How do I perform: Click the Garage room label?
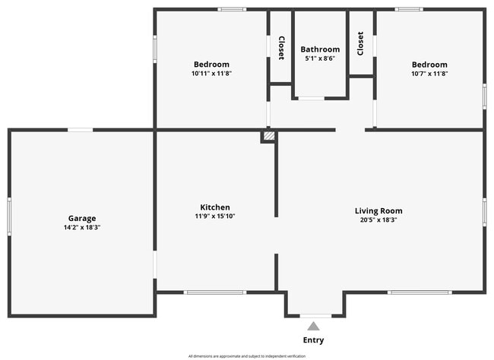coord(82,218)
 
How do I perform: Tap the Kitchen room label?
coord(215,207)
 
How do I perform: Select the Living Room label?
coord(378,210)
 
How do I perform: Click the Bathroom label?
coord(320,49)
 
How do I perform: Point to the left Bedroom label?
coord(211,65)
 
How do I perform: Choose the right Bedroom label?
coord(429,65)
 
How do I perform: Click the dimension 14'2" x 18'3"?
coord(82,227)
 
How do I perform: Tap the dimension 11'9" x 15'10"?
coord(215,216)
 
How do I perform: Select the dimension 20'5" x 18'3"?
coord(378,219)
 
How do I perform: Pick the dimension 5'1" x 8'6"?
coord(320,58)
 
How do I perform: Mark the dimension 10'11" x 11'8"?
coord(211,74)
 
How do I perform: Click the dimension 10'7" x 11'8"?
coord(429,74)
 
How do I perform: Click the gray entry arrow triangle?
coord(313,326)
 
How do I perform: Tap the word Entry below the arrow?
coord(313,339)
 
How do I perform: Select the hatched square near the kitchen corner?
coord(268,136)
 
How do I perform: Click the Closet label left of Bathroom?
coord(281,48)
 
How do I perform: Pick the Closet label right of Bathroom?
coord(360,43)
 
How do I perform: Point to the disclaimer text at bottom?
coord(246,355)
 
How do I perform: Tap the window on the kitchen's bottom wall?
coord(214,292)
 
